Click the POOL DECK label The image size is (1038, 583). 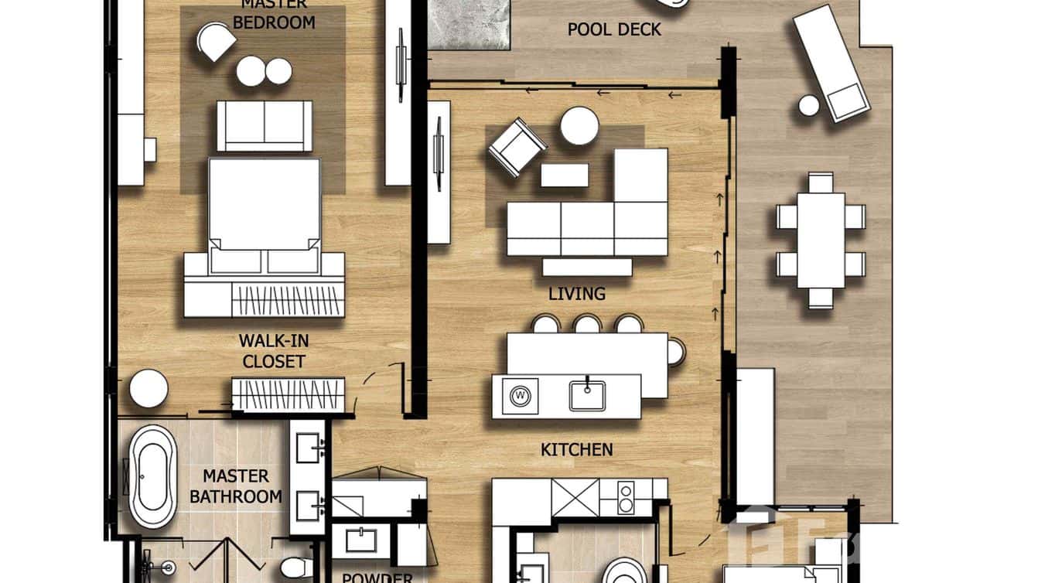(614, 29)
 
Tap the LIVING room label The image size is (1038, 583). (576, 294)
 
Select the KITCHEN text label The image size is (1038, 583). (576, 449)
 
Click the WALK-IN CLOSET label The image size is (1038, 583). (272, 351)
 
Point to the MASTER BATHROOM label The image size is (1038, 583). (235, 486)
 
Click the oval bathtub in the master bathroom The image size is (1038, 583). (152, 476)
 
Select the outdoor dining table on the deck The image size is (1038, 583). (821, 240)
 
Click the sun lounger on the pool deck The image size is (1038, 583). (829, 62)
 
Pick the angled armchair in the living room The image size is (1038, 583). (517, 147)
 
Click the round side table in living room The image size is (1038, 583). (579, 126)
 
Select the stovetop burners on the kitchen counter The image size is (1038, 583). (625, 496)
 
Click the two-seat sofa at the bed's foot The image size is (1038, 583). (265, 126)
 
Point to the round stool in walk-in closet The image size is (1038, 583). (149, 388)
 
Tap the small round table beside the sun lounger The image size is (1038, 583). (808, 106)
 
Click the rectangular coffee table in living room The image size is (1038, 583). (564, 176)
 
